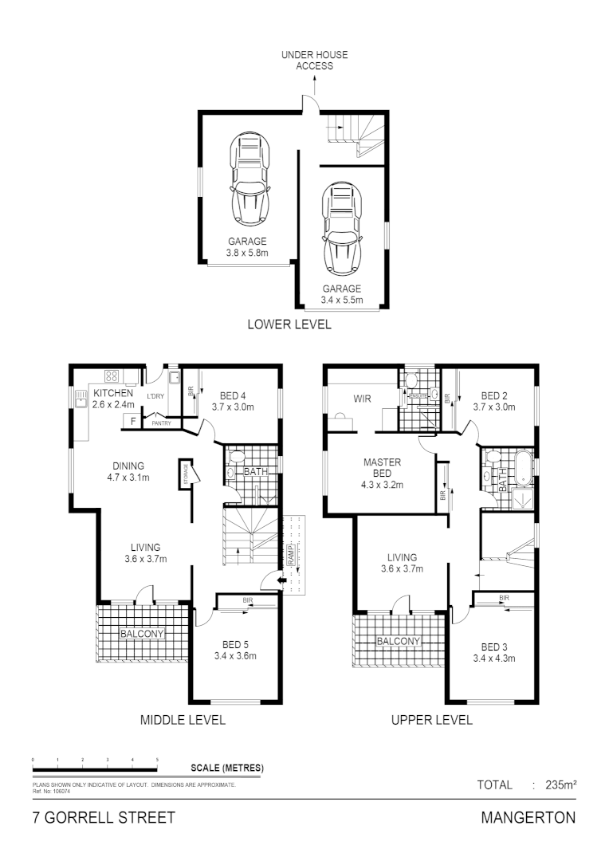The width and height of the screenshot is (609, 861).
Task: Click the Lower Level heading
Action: [x=289, y=324]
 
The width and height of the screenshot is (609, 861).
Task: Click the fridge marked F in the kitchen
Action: [x=128, y=422]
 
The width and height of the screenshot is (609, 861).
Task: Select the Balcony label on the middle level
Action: [x=142, y=635]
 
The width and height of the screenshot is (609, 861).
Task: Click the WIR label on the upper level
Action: [x=363, y=398]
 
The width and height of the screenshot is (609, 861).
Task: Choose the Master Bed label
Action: [x=383, y=473]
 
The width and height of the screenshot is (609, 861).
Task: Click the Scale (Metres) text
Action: [x=227, y=769]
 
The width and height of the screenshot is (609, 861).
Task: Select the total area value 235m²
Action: [x=560, y=785]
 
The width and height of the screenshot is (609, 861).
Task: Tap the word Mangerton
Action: [x=528, y=818]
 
